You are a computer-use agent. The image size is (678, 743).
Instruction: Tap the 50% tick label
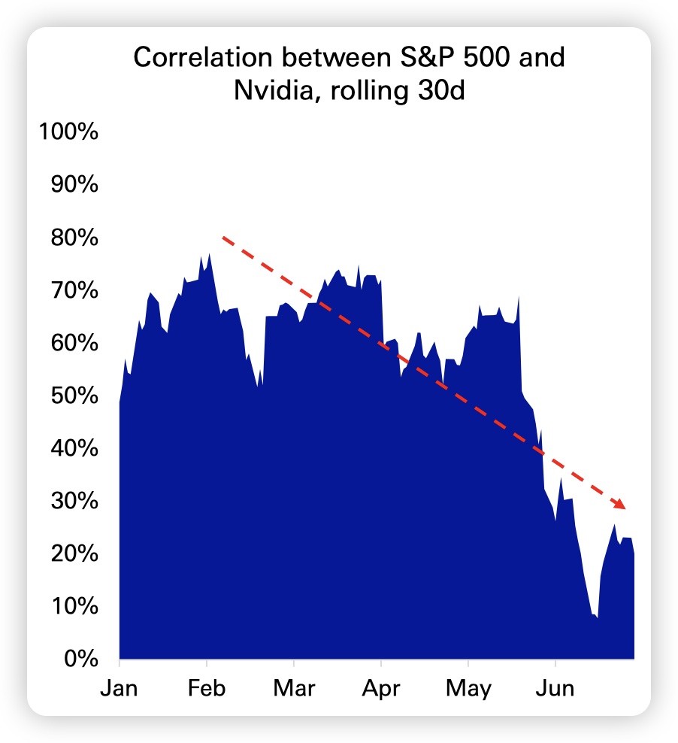click(x=74, y=396)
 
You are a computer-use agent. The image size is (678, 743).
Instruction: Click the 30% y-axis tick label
click(x=74, y=501)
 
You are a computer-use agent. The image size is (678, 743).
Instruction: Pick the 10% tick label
click(x=74, y=606)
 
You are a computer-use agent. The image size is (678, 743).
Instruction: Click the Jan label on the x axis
click(x=120, y=688)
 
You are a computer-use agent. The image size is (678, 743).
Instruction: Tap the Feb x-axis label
click(x=207, y=688)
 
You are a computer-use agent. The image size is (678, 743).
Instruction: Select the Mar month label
click(x=294, y=688)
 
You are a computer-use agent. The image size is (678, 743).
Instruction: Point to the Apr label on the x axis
click(x=381, y=688)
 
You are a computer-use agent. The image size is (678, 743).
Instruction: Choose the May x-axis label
click(x=468, y=688)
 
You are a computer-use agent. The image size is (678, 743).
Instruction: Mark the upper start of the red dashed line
click(x=223, y=238)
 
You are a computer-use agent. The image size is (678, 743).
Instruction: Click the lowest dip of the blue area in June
click(x=597, y=617)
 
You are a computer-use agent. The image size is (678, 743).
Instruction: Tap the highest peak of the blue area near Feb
click(x=209, y=253)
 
